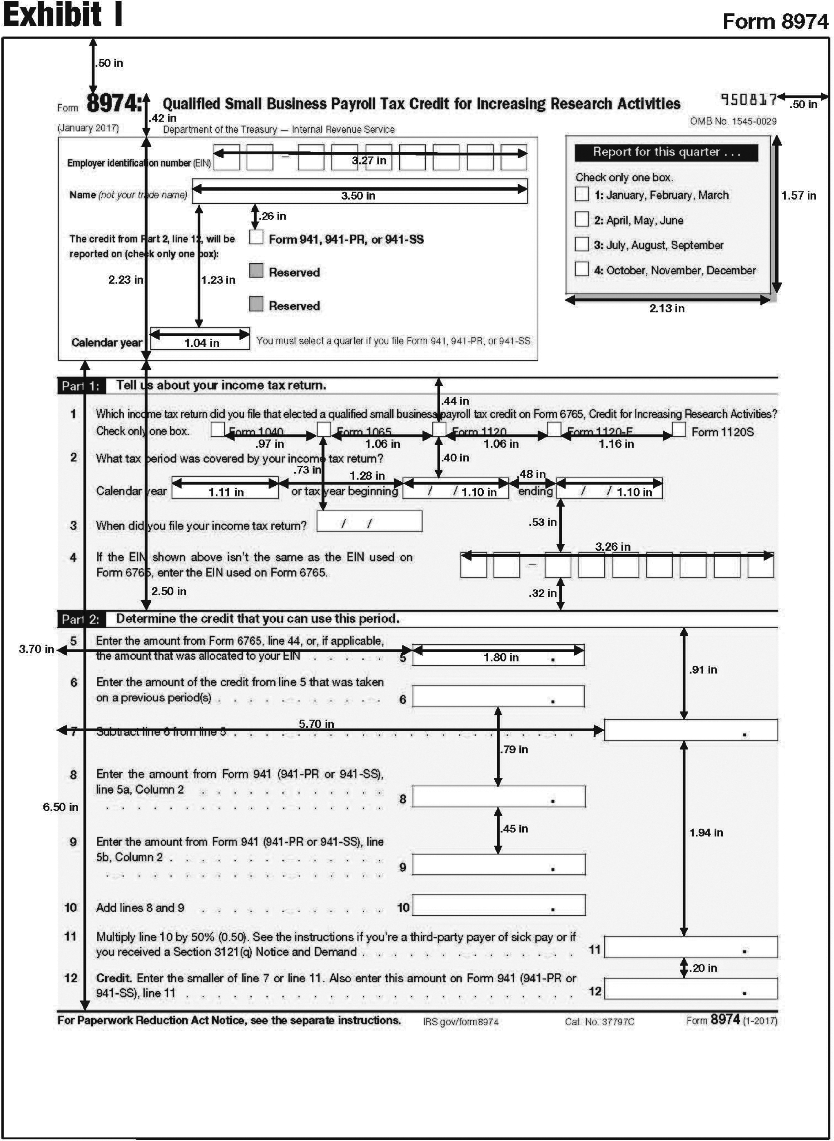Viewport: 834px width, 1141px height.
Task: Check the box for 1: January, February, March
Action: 582,194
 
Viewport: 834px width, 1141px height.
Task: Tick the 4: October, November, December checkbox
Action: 582,269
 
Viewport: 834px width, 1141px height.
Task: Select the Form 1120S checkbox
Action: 678,430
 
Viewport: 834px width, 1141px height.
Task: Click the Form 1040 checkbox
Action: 218,429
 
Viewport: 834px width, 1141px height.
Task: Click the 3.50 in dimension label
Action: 358,196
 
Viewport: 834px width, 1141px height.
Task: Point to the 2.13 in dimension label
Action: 666,308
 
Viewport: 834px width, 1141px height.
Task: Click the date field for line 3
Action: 369,522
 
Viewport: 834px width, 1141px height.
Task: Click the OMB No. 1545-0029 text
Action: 733,121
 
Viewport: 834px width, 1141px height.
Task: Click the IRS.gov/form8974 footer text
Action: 460,1022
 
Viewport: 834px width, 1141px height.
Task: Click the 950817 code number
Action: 748,99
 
